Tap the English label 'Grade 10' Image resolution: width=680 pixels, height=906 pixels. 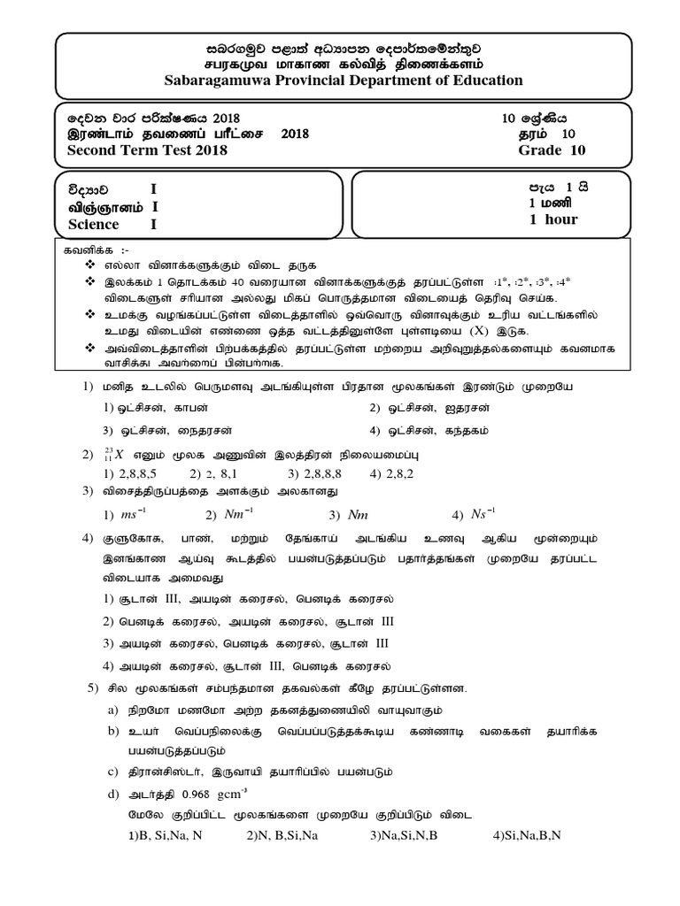552,150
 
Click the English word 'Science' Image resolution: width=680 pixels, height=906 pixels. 95,224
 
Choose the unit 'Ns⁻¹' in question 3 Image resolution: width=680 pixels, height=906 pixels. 478,514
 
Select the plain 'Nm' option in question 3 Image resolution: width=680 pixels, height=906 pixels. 358,515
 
